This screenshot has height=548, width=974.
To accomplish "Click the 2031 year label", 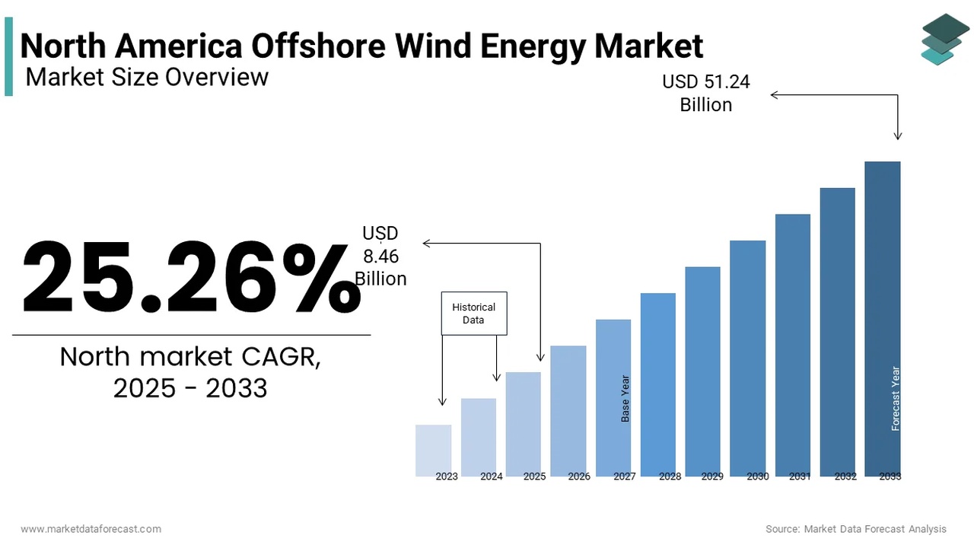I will [x=800, y=476].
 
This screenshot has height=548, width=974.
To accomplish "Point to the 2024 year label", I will [x=492, y=476].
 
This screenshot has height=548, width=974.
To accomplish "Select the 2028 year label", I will [x=670, y=476].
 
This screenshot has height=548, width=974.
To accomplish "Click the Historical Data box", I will [x=473, y=314].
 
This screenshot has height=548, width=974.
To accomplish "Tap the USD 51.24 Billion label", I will [x=705, y=93].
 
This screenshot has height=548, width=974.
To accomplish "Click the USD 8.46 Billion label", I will [x=380, y=256].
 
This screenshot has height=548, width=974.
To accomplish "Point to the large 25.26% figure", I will [x=190, y=278].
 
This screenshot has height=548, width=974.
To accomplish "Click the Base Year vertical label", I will [x=625, y=398].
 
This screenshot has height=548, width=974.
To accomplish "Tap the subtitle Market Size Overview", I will [x=147, y=77].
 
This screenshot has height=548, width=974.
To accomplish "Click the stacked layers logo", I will [x=945, y=38].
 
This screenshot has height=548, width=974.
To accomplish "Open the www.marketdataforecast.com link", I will [x=91, y=528].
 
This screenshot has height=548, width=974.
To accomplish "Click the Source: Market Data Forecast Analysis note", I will [x=856, y=528].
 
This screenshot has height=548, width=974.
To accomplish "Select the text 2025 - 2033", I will [x=190, y=388].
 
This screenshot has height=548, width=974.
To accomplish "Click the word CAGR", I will [x=281, y=356].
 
